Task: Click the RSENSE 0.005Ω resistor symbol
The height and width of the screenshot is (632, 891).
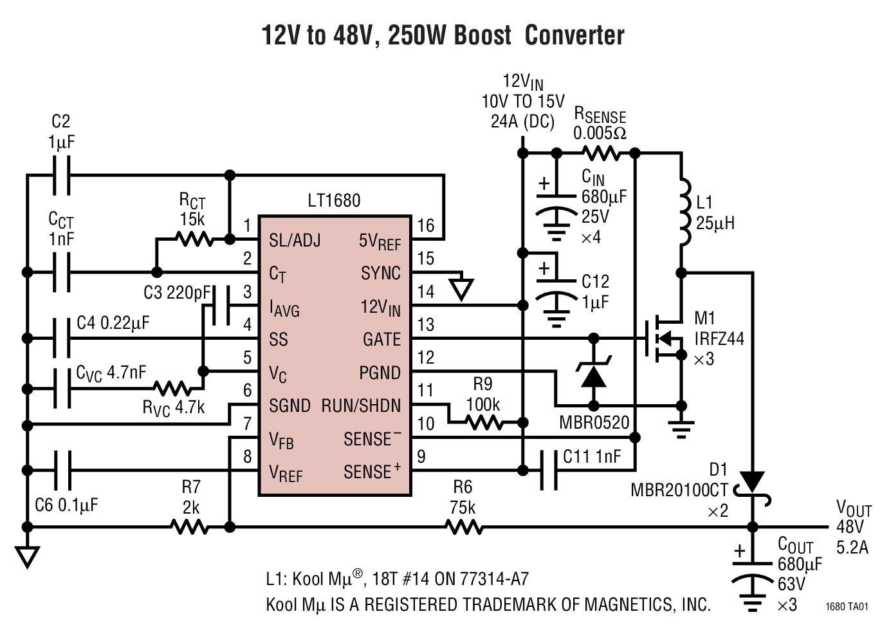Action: [x=601, y=153]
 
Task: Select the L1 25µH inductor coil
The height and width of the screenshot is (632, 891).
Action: [x=684, y=211]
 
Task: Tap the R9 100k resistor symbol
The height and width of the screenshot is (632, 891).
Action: [x=484, y=423]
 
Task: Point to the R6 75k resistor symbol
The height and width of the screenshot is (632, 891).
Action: [x=464, y=527]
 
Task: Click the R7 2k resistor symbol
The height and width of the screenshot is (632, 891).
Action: [x=190, y=527]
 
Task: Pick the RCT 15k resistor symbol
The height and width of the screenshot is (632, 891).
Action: [x=194, y=239]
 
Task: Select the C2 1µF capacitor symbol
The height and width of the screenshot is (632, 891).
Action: [x=62, y=174]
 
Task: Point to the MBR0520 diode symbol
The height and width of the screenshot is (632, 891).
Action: [x=593, y=375]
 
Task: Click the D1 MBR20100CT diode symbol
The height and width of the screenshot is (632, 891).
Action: [x=751, y=483]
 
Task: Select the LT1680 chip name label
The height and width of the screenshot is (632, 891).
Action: [x=334, y=201]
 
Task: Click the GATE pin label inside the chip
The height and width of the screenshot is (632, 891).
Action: [x=381, y=339]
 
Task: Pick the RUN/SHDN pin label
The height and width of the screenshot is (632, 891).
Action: [x=362, y=406]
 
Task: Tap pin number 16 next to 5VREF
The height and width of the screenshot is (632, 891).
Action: [x=426, y=225]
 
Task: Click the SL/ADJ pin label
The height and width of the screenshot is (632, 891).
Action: [x=295, y=241]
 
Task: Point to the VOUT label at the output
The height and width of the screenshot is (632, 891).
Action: [x=853, y=508]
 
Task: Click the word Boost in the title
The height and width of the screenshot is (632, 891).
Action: [x=482, y=35]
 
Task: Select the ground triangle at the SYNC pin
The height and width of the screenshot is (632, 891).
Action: [x=461, y=289]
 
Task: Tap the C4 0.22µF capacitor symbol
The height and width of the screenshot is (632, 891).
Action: [x=62, y=339]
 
